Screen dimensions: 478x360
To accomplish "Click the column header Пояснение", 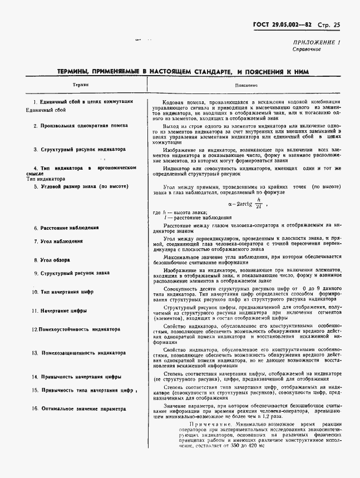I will tap(246, 86).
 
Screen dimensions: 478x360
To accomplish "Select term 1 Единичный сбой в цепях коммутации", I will tap(83, 102).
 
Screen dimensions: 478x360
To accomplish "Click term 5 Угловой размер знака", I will tap(81, 186).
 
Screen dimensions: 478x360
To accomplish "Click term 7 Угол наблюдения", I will tap(58, 242).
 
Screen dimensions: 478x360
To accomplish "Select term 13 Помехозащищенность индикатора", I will tap(78, 353).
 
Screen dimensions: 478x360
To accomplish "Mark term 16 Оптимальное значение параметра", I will tap(80, 409).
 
